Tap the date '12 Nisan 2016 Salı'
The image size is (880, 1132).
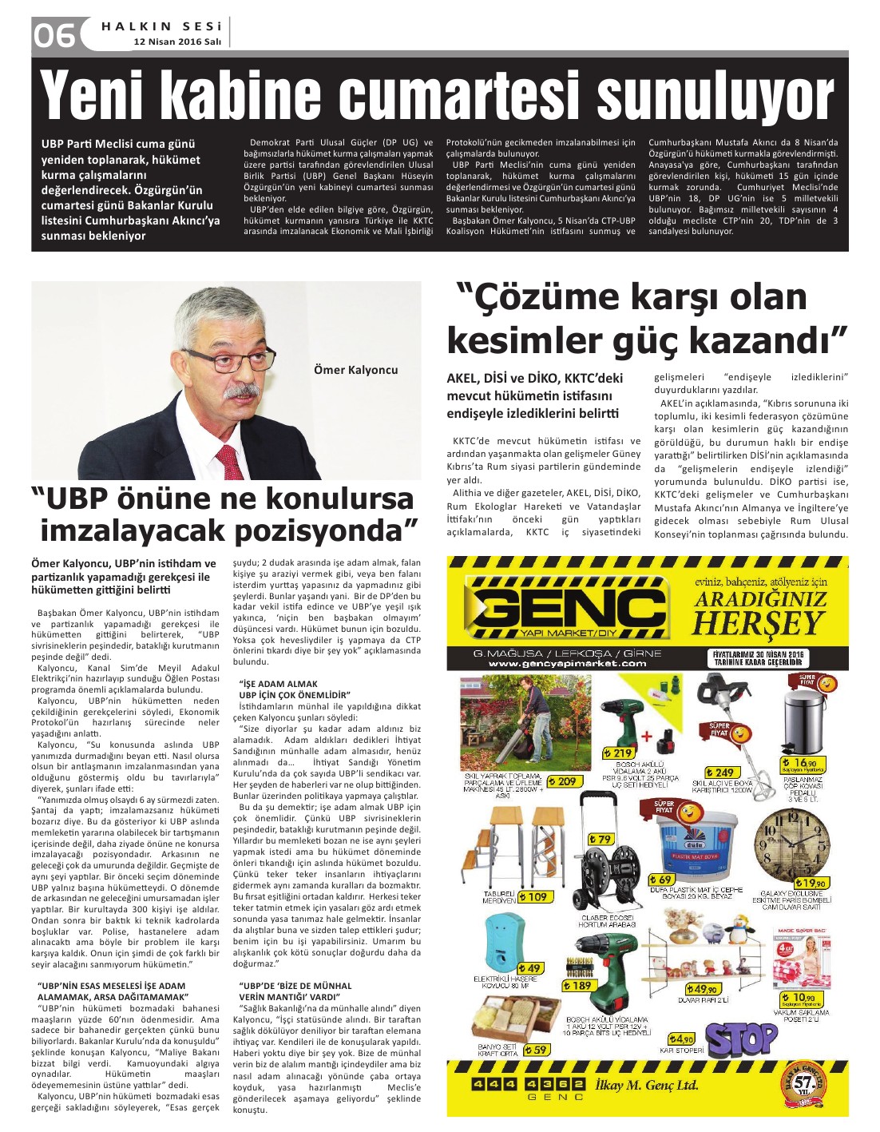click(177, 42)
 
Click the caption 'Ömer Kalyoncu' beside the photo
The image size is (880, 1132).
click(356, 369)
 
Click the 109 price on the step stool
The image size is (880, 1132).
click(536, 896)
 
